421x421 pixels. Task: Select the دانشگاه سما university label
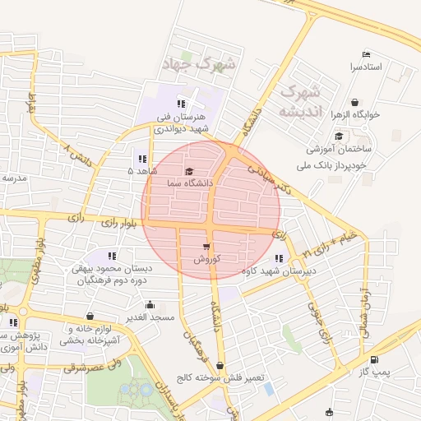(x=189, y=182)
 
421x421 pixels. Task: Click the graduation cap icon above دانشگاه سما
(x=189, y=171)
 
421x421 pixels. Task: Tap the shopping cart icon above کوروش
(x=205, y=247)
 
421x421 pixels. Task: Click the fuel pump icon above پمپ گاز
(x=375, y=360)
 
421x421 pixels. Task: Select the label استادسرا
(x=365, y=66)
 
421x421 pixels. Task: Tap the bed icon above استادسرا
(x=365, y=54)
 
